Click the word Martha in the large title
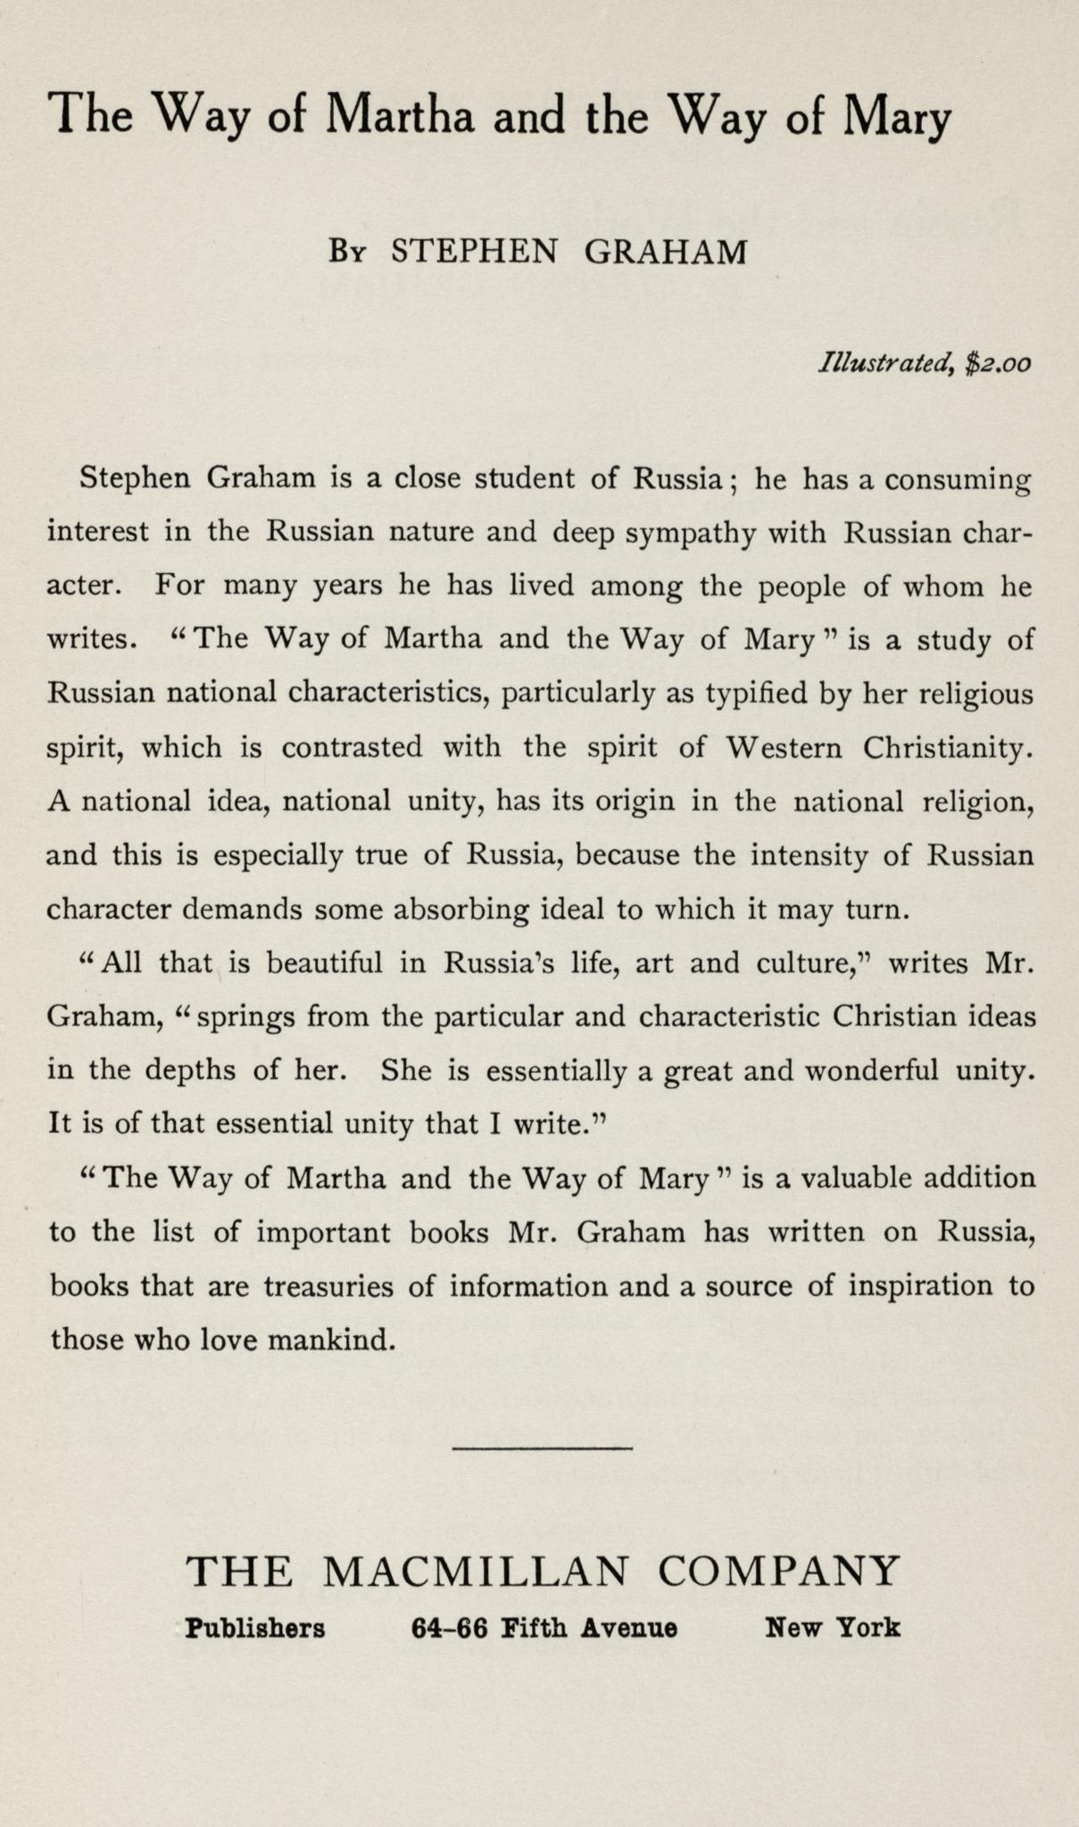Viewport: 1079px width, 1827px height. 400,115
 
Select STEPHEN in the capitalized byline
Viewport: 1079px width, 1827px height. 474,253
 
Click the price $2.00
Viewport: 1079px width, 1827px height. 1000,363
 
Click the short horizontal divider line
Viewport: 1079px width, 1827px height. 542,1447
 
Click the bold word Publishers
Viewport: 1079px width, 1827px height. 255,1628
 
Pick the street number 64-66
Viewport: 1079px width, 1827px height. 450,1628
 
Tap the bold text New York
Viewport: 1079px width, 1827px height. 833,1628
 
